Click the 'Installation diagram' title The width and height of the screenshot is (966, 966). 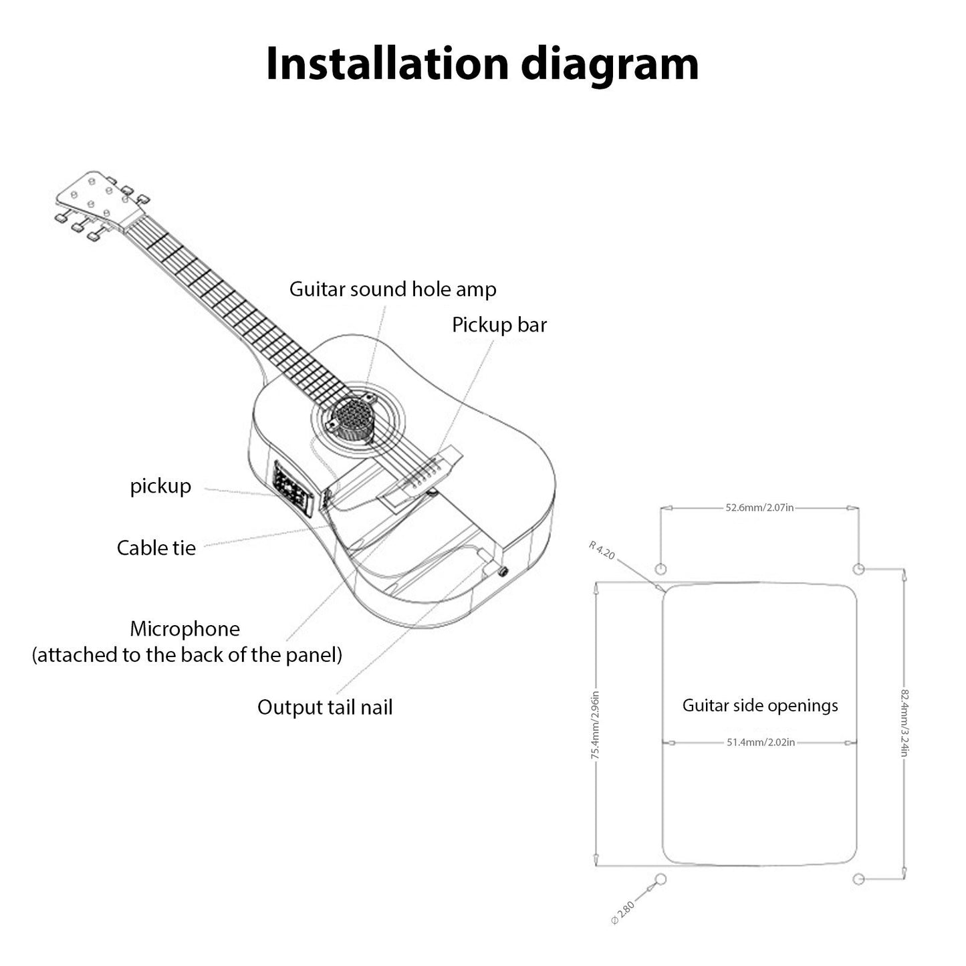point(482,64)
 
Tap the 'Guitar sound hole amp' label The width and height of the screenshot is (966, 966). point(392,289)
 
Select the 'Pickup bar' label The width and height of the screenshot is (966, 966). point(499,325)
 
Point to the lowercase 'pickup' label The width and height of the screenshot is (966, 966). point(160,486)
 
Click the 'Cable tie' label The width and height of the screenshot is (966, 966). point(156,548)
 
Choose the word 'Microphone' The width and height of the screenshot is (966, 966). point(185,629)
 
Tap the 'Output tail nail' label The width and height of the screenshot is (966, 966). point(325,707)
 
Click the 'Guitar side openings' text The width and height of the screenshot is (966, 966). point(760,705)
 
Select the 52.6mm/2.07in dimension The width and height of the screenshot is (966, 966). point(759,508)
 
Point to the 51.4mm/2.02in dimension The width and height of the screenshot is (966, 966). point(761,742)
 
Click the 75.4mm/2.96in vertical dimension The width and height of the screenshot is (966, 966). point(595,725)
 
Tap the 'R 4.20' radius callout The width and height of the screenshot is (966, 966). point(602,551)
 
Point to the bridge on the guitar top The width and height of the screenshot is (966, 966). point(421,475)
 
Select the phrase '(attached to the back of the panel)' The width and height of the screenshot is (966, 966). point(187,654)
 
